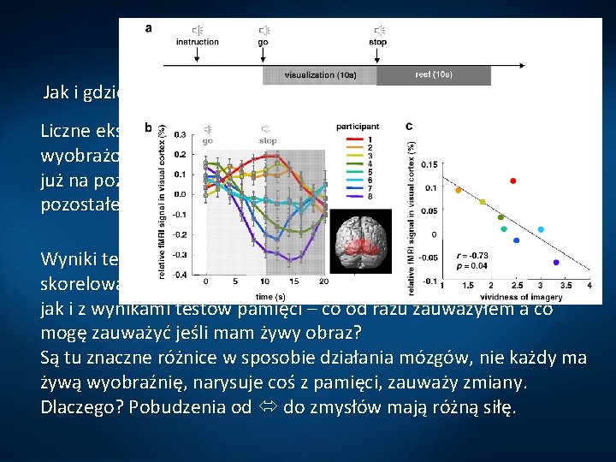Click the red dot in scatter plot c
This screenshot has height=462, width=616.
tap(512, 181)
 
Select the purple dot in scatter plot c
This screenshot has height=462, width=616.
tap(556, 262)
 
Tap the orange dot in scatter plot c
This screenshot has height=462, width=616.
tap(458, 190)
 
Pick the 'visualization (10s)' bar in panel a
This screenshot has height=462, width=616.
tap(318, 75)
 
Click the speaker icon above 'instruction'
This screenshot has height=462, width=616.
tap(197, 30)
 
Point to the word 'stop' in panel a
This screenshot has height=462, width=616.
tap(377, 42)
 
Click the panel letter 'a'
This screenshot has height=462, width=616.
tap(150, 27)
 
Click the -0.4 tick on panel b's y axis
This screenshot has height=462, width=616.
tap(180, 275)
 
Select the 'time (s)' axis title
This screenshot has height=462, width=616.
tap(264, 293)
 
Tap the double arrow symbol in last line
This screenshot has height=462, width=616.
tap(268, 407)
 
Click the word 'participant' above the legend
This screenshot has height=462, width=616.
tap(358, 126)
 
